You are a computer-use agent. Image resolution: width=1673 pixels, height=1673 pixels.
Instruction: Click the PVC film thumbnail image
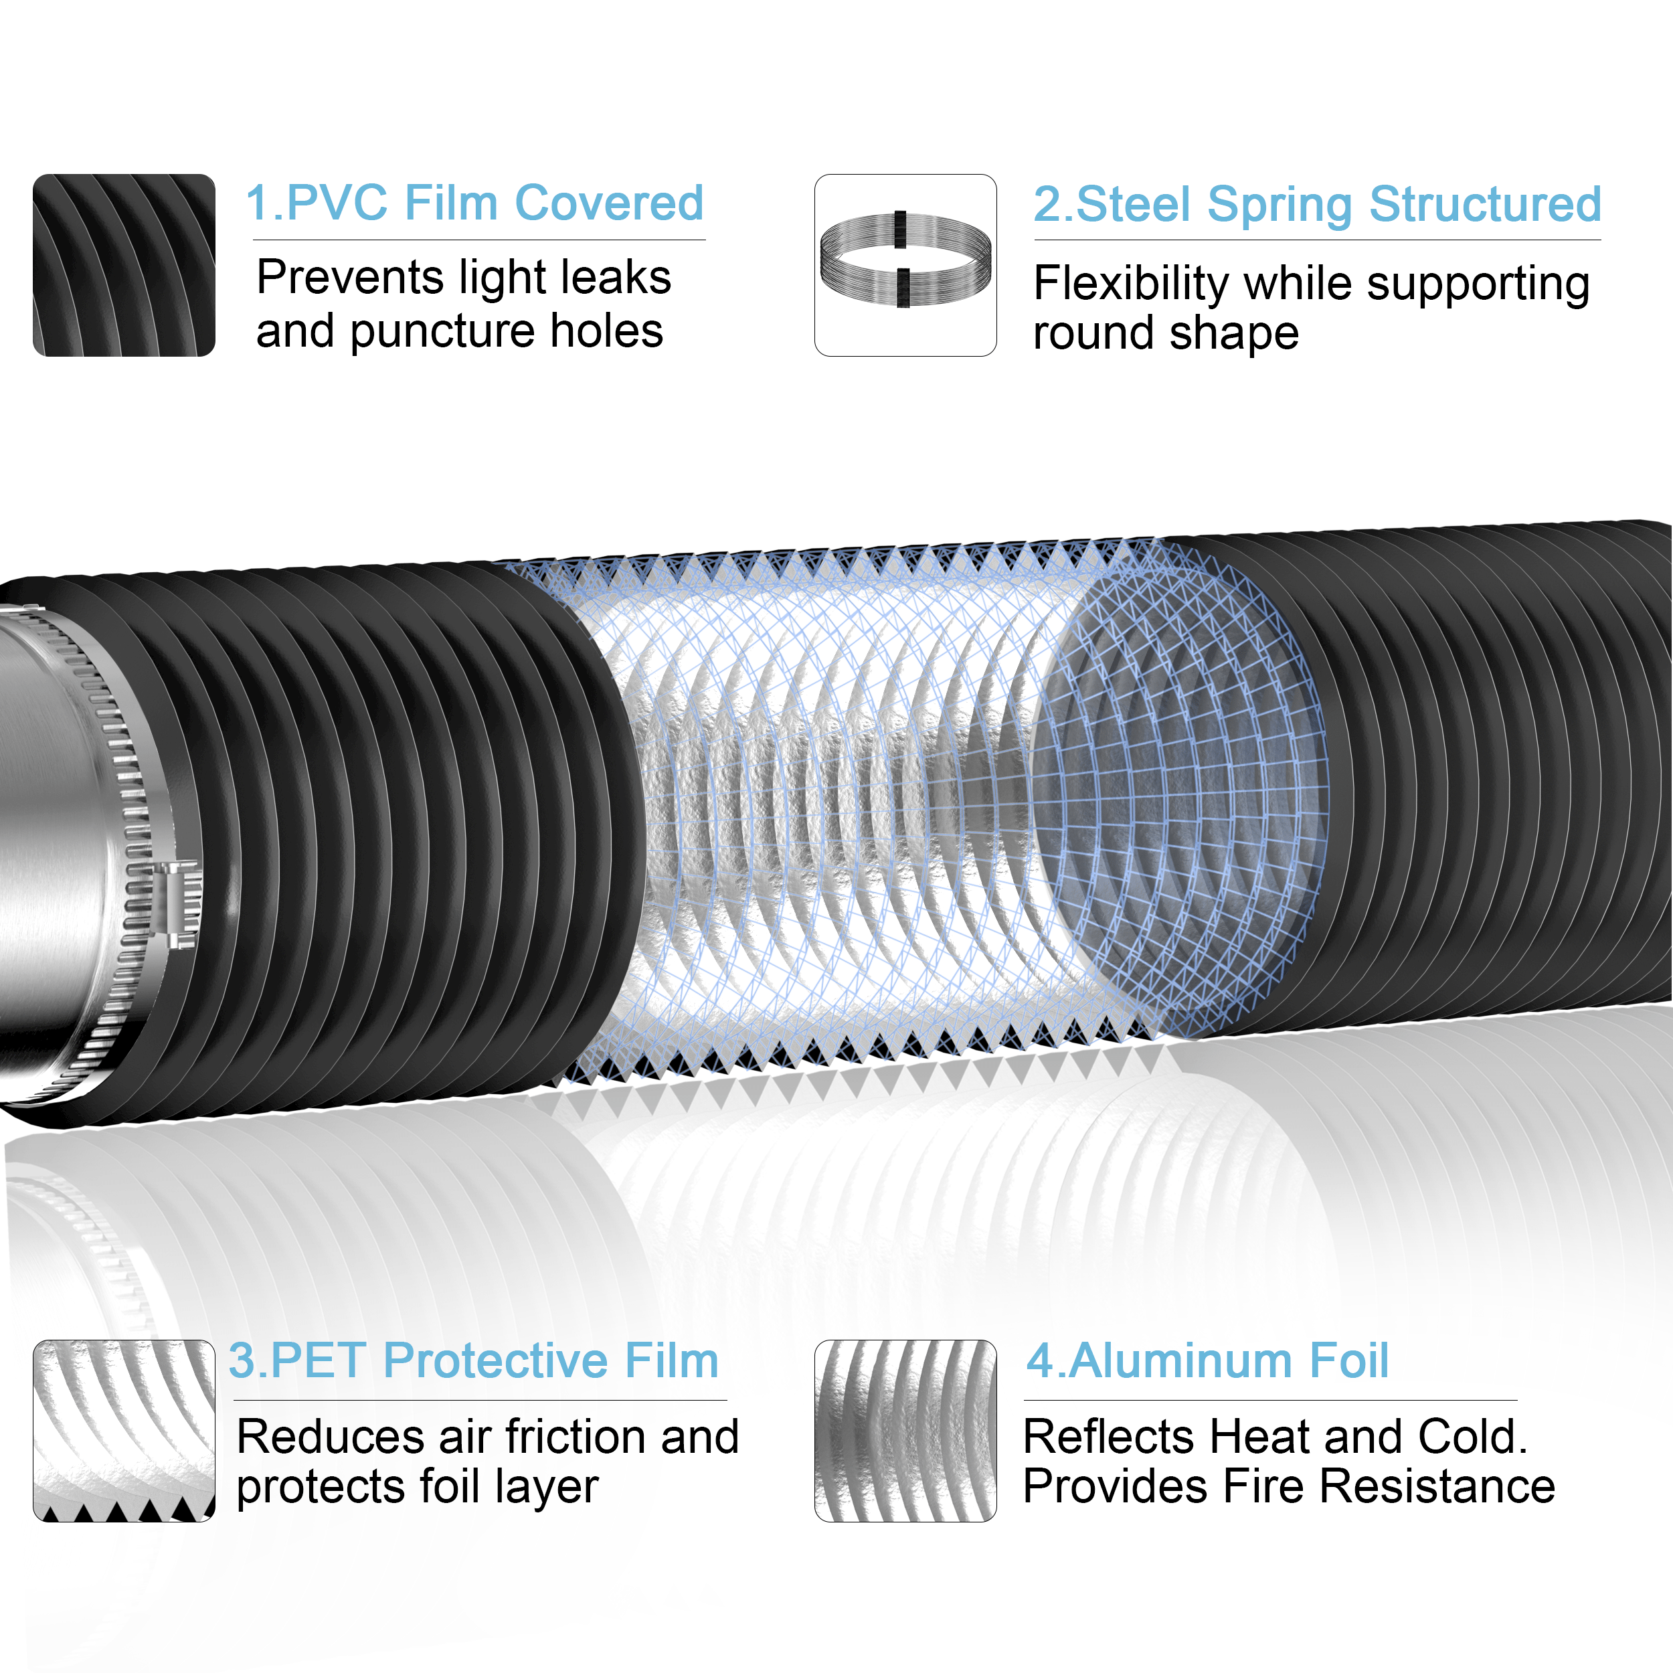[x=124, y=265]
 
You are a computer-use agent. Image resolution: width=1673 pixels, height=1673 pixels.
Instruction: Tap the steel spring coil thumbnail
[x=905, y=265]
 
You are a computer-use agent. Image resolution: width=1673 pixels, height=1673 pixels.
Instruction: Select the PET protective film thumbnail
[x=124, y=1431]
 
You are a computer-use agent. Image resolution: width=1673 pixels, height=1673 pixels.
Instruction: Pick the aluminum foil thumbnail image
[x=905, y=1431]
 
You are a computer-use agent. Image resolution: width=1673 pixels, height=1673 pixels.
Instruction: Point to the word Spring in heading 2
[x=1279, y=206]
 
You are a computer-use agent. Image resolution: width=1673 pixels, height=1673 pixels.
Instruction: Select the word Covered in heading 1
[x=609, y=203]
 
